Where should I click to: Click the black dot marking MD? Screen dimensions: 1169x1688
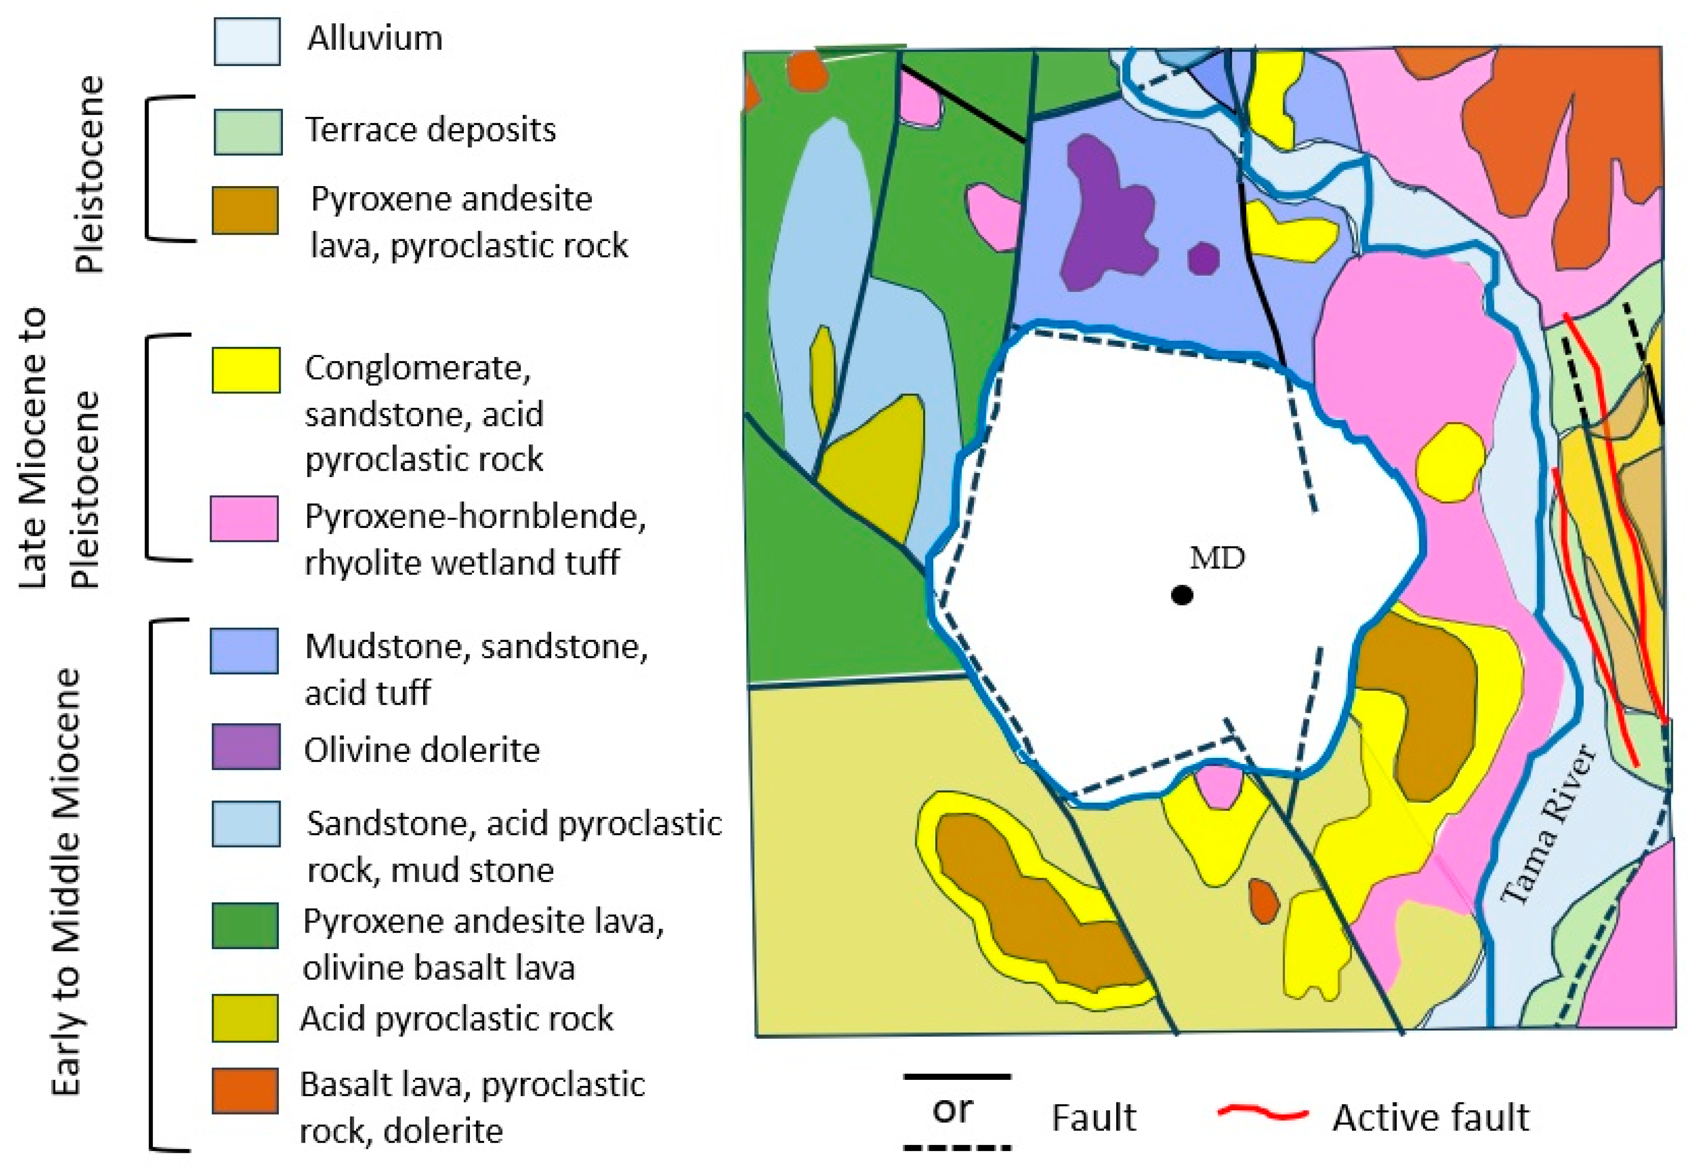click(1182, 595)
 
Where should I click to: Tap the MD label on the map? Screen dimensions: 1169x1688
click(1217, 559)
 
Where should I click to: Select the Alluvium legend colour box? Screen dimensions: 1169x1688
click(246, 42)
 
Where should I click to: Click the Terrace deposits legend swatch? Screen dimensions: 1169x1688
click(247, 132)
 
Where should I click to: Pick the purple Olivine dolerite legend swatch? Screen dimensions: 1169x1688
click(246, 747)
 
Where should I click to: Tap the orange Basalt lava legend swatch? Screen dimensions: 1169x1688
click(245, 1090)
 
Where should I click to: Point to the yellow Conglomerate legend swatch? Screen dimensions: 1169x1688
click(246, 370)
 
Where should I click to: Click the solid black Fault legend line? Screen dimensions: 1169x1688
click(957, 1077)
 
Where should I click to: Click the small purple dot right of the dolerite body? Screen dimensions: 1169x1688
click(1203, 259)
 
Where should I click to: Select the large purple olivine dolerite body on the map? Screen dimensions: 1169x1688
click(1105, 212)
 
